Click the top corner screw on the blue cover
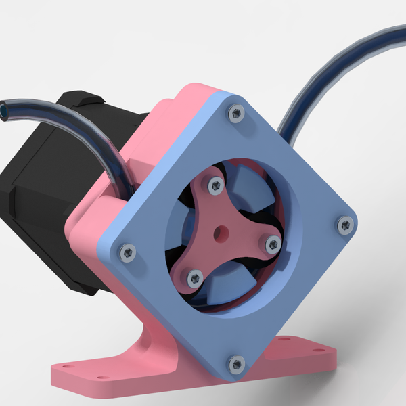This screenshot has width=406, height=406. click(x=235, y=113)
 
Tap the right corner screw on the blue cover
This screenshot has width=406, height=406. click(x=346, y=223)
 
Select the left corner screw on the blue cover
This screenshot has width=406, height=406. click(x=127, y=252)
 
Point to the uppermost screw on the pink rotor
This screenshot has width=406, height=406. click(x=215, y=183)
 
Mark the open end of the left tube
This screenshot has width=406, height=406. click(x=5, y=108)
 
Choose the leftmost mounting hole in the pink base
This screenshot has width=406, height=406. click(x=66, y=369)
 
